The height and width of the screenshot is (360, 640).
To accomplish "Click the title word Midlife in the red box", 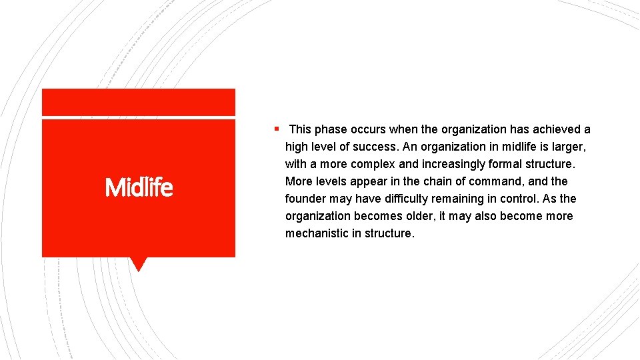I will point(139,188).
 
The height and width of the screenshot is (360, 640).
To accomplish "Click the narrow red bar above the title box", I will point(138,102).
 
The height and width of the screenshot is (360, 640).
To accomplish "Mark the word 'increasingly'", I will point(453,164).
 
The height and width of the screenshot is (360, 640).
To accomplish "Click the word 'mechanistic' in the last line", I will point(317,233).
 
